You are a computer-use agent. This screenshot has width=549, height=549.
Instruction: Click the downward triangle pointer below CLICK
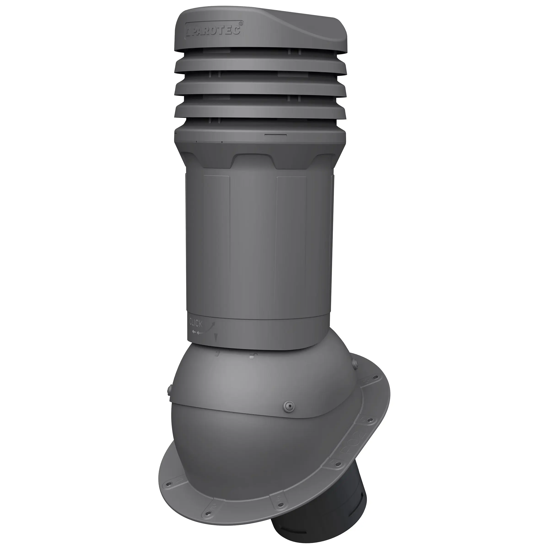[x=216, y=338]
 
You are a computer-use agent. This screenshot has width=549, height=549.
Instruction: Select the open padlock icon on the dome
[x=251, y=356]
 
